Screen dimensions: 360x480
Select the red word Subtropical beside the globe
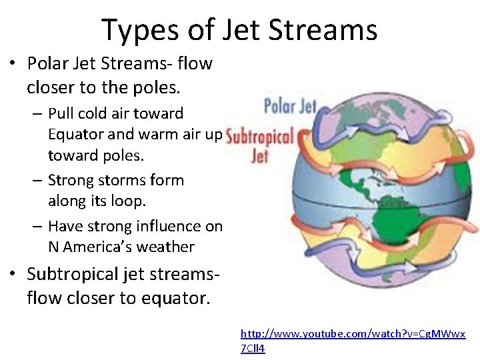(260, 137)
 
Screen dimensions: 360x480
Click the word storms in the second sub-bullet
(119, 180)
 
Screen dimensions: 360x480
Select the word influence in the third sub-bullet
(169, 227)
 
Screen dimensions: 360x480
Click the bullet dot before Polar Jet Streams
(13, 64)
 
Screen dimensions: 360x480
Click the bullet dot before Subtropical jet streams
(13, 274)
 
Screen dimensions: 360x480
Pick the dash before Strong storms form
(38, 180)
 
